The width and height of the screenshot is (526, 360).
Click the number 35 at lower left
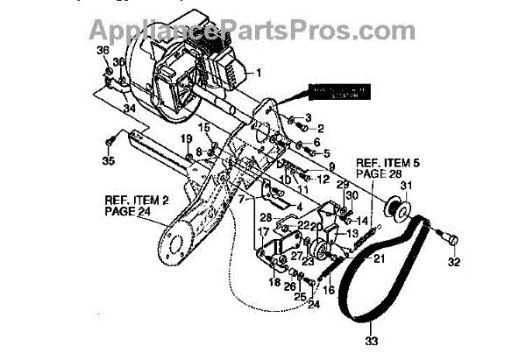point(108,161)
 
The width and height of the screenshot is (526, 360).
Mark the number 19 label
point(186,139)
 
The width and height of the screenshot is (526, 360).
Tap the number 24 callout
point(315,305)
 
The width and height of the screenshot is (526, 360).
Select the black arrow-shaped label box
point(335,91)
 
